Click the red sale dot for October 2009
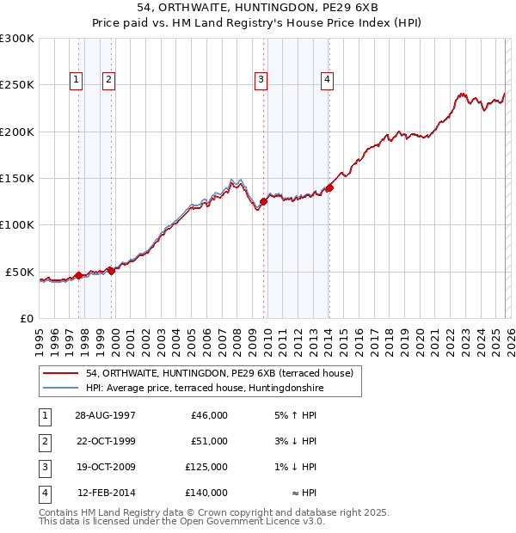click(x=263, y=202)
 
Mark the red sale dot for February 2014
click(x=329, y=188)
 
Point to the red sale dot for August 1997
click(x=79, y=275)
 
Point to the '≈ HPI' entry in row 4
click(x=305, y=493)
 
